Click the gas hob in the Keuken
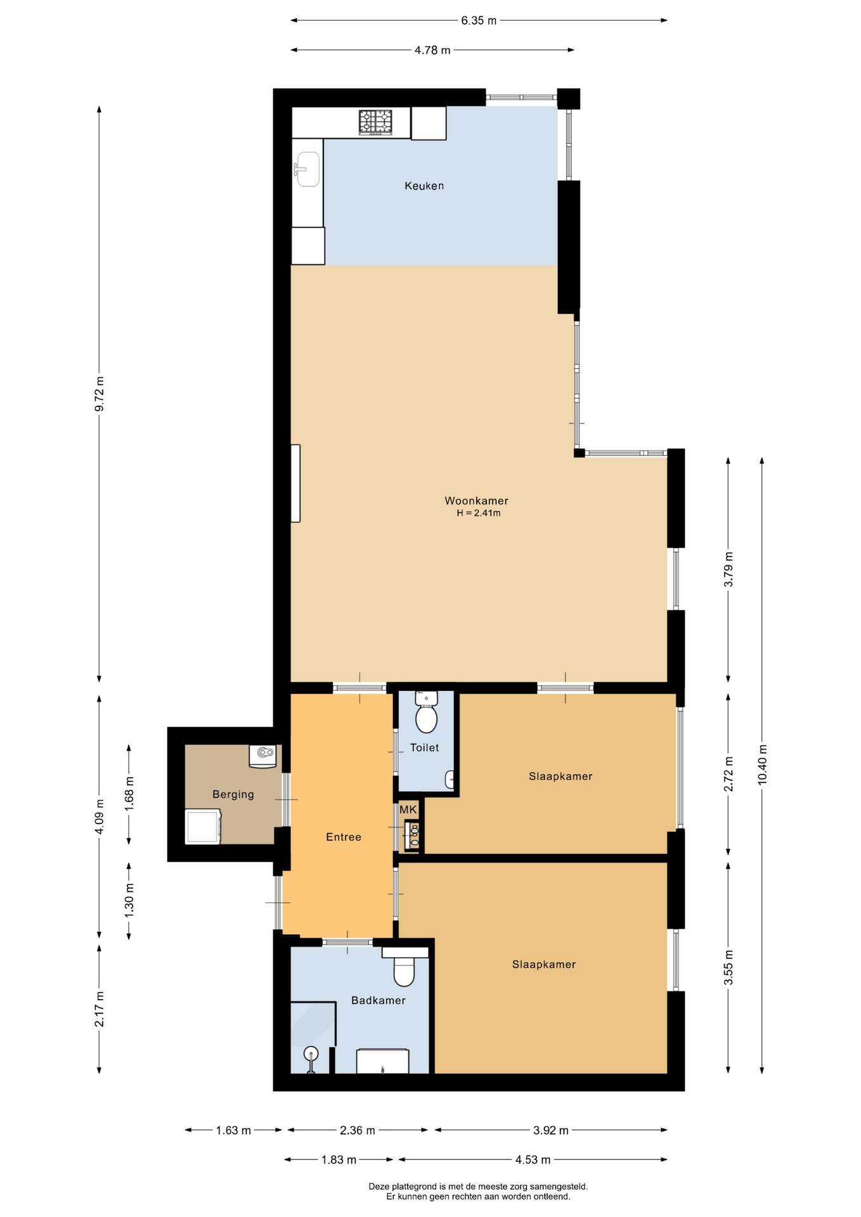pyautogui.click(x=375, y=122)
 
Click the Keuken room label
pyautogui.click(x=424, y=186)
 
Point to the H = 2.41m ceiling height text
pyautogui.click(x=479, y=513)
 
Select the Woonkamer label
pyautogui.click(x=476, y=501)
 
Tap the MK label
pyautogui.click(x=408, y=809)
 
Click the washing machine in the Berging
pyautogui.click(x=203, y=827)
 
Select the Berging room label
pyautogui.click(x=233, y=794)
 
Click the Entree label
pyautogui.click(x=344, y=837)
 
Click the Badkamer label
pyautogui.click(x=379, y=1000)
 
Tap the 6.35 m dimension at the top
pyautogui.click(x=479, y=20)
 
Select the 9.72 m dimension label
pyautogui.click(x=100, y=394)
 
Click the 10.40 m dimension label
pyautogui.click(x=762, y=764)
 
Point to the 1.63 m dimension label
pyautogui.click(x=233, y=1130)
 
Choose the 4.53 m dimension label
pyautogui.click(x=533, y=1160)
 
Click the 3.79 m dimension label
pyautogui.click(x=728, y=569)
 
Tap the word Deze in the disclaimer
pyautogui.click(x=379, y=1187)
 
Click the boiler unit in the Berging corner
pyautogui.click(x=265, y=755)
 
